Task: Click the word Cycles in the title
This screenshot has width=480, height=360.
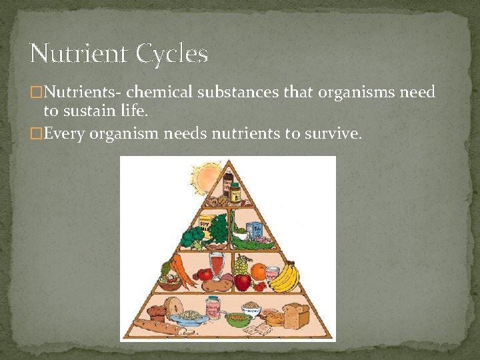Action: click(x=172, y=53)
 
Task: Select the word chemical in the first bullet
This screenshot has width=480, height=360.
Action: click(x=154, y=92)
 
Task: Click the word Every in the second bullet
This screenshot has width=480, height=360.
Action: click(x=65, y=133)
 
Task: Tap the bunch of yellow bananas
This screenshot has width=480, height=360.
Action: click(x=285, y=276)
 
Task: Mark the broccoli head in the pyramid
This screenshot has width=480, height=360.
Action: click(x=192, y=237)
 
